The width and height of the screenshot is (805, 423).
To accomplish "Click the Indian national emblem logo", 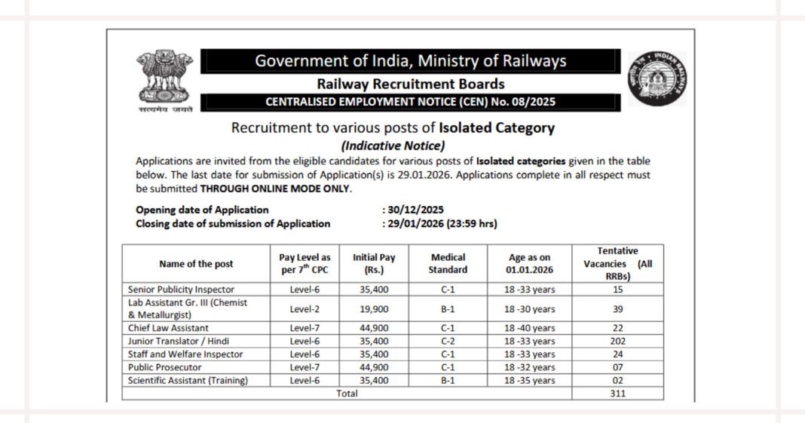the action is coord(164,79).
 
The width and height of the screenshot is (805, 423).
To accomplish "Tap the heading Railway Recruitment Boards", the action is coord(411,84).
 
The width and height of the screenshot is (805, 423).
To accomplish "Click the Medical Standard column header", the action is coord(448,263).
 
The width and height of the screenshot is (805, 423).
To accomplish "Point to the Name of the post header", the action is coord(196,264).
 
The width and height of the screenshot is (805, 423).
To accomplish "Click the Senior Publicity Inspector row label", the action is coord(181,289).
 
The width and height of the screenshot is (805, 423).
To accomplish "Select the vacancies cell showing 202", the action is coord(617,340).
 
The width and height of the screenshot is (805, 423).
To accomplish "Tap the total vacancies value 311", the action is coord(617,392).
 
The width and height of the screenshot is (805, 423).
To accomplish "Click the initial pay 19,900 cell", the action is coord(374,308).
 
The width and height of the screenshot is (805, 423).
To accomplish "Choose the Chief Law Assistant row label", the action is coord(168,328).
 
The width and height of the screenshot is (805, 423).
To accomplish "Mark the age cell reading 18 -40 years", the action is coord(529,328).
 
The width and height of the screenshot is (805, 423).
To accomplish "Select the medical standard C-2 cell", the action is coord(448,340).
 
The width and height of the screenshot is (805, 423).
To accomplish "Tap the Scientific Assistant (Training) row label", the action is coord(188,380).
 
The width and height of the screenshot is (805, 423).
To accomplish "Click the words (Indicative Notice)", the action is coord(393,146).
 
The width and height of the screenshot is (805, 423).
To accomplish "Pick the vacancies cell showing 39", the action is coord(617,308).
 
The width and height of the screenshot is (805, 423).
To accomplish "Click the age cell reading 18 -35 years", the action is coord(529,380).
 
